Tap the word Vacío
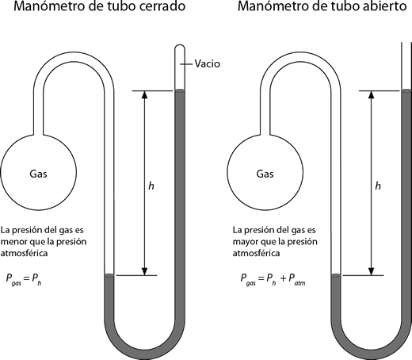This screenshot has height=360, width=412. coord(205,63)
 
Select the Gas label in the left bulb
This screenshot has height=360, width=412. coord(39,173)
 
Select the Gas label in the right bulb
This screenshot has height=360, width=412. coord(267,173)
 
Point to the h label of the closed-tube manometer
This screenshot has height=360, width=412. coord(151,186)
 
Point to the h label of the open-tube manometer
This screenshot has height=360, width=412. coord(378,186)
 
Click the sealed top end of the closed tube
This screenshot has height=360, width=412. coord(179,45)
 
